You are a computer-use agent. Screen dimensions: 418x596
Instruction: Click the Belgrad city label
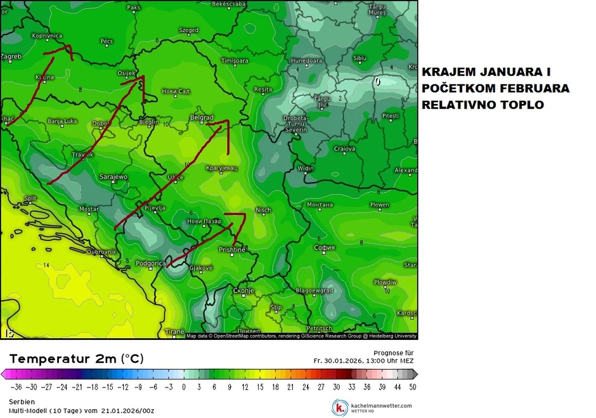(202, 117)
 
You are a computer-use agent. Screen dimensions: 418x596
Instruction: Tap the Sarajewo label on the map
(114, 177)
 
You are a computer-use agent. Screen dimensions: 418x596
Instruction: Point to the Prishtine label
(232, 250)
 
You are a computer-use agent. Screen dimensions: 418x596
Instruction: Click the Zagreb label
(11, 56)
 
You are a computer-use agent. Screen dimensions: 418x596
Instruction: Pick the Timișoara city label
(235, 61)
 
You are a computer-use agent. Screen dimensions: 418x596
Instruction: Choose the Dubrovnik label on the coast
(102, 252)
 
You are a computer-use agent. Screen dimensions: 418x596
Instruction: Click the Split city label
(30, 199)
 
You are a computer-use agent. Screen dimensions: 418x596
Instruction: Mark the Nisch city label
(263, 210)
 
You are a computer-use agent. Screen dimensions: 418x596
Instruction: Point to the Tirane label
(175, 332)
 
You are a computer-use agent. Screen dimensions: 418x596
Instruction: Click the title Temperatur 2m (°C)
(76, 359)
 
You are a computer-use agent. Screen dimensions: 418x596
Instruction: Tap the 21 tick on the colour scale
(290, 386)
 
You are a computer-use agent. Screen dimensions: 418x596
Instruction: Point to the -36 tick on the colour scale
(17, 386)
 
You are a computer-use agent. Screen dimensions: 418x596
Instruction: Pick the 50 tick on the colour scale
(413, 386)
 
